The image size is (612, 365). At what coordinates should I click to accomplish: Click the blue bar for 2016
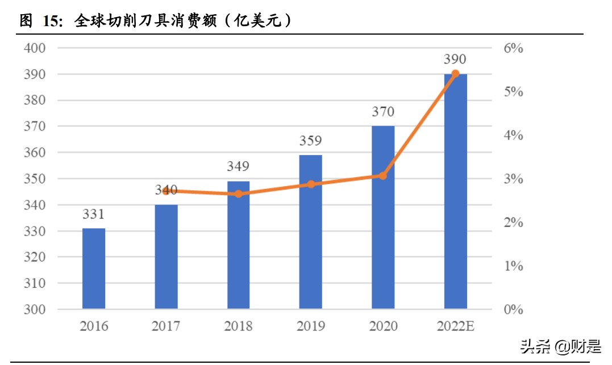point(94,268)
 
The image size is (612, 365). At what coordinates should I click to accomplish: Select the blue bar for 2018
point(239,245)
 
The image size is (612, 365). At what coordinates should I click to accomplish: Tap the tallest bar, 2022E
point(455,191)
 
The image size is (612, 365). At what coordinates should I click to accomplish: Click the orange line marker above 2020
point(383,176)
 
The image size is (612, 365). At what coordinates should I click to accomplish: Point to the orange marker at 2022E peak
point(455,74)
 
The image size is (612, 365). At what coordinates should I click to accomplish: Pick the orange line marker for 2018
point(239,194)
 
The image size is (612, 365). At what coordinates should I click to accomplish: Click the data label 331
point(94,215)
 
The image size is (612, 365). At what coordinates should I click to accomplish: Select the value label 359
point(311,141)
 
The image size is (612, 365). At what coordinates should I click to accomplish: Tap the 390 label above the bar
point(455,60)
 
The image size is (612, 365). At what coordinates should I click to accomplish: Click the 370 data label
point(383,112)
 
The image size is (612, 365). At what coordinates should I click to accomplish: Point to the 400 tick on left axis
point(35,48)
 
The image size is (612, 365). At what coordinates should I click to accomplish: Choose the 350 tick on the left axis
point(35,179)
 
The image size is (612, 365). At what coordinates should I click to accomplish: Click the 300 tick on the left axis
point(35,310)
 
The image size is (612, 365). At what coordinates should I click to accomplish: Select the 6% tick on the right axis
point(513,48)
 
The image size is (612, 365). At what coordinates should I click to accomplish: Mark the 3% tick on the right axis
point(513,179)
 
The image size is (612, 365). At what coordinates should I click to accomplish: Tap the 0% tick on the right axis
point(513,310)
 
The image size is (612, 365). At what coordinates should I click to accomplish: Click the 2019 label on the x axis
point(311,326)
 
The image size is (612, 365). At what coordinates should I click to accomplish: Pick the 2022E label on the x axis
point(455,326)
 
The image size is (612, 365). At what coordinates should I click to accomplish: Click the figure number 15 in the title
point(51,22)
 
